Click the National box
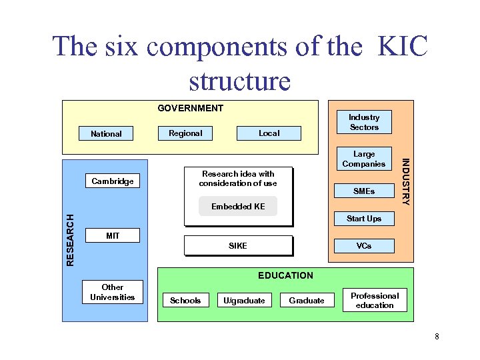point(106,133)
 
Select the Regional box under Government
point(185,133)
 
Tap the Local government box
point(269,133)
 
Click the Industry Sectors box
point(364,122)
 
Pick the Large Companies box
point(364,159)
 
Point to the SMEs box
point(364,191)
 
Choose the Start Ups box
point(364,219)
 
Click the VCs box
point(364,245)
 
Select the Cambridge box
point(113,181)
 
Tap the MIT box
point(113,235)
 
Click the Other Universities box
point(113,292)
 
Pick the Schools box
point(185,301)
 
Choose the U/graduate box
point(244,301)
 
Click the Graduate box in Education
point(307,301)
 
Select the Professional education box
point(375,300)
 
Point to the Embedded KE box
point(238,207)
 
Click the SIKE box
point(238,246)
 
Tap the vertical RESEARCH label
point(71,238)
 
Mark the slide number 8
point(437,336)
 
